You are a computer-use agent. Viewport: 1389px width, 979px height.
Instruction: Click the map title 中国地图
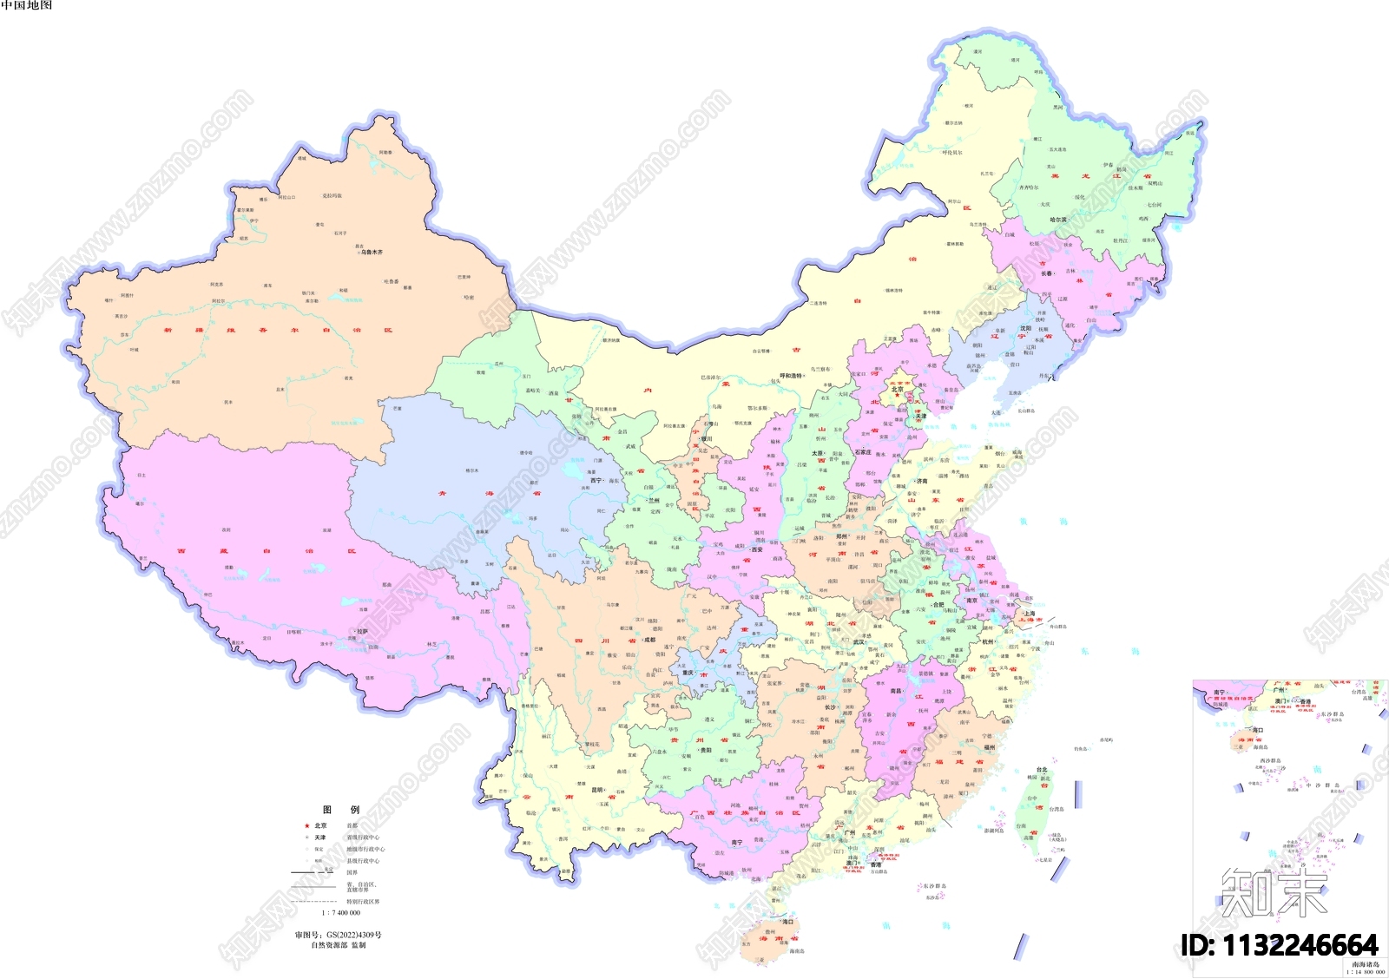[x=27, y=5]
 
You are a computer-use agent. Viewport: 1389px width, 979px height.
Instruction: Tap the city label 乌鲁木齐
[x=372, y=253]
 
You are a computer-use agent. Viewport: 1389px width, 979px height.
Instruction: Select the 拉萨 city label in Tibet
[x=362, y=632]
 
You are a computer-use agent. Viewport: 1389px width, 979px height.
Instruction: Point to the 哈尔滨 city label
[x=1058, y=220]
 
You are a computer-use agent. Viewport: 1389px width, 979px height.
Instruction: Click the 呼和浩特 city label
[x=791, y=376]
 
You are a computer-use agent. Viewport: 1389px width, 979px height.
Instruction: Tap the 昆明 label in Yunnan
[x=597, y=790]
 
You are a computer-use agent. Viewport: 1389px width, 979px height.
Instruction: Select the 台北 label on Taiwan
[x=1042, y=770]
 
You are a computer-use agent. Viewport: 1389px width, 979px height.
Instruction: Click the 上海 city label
[x=1030, y=614]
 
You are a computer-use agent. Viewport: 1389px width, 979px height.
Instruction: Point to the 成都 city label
[x=649, y=640]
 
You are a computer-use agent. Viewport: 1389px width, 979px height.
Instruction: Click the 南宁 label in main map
[x=736, y=843]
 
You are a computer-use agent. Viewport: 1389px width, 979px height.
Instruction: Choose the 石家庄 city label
[x=862, y=452]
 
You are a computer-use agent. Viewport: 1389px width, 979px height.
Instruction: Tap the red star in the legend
[x=306, y=825]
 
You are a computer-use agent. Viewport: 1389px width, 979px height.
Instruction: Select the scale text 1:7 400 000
[x=340, y=913]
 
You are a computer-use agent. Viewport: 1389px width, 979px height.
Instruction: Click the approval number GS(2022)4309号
[x=338, y=935]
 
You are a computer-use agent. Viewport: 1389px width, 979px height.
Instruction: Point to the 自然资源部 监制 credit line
[x=339, y=945]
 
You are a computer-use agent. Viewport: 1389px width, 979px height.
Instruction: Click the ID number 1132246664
[x=1280, y=945]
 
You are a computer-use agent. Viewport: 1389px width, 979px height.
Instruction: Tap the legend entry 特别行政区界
[x=363, y=902]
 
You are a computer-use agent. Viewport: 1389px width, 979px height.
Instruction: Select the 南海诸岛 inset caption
[x=1366, y=964]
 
